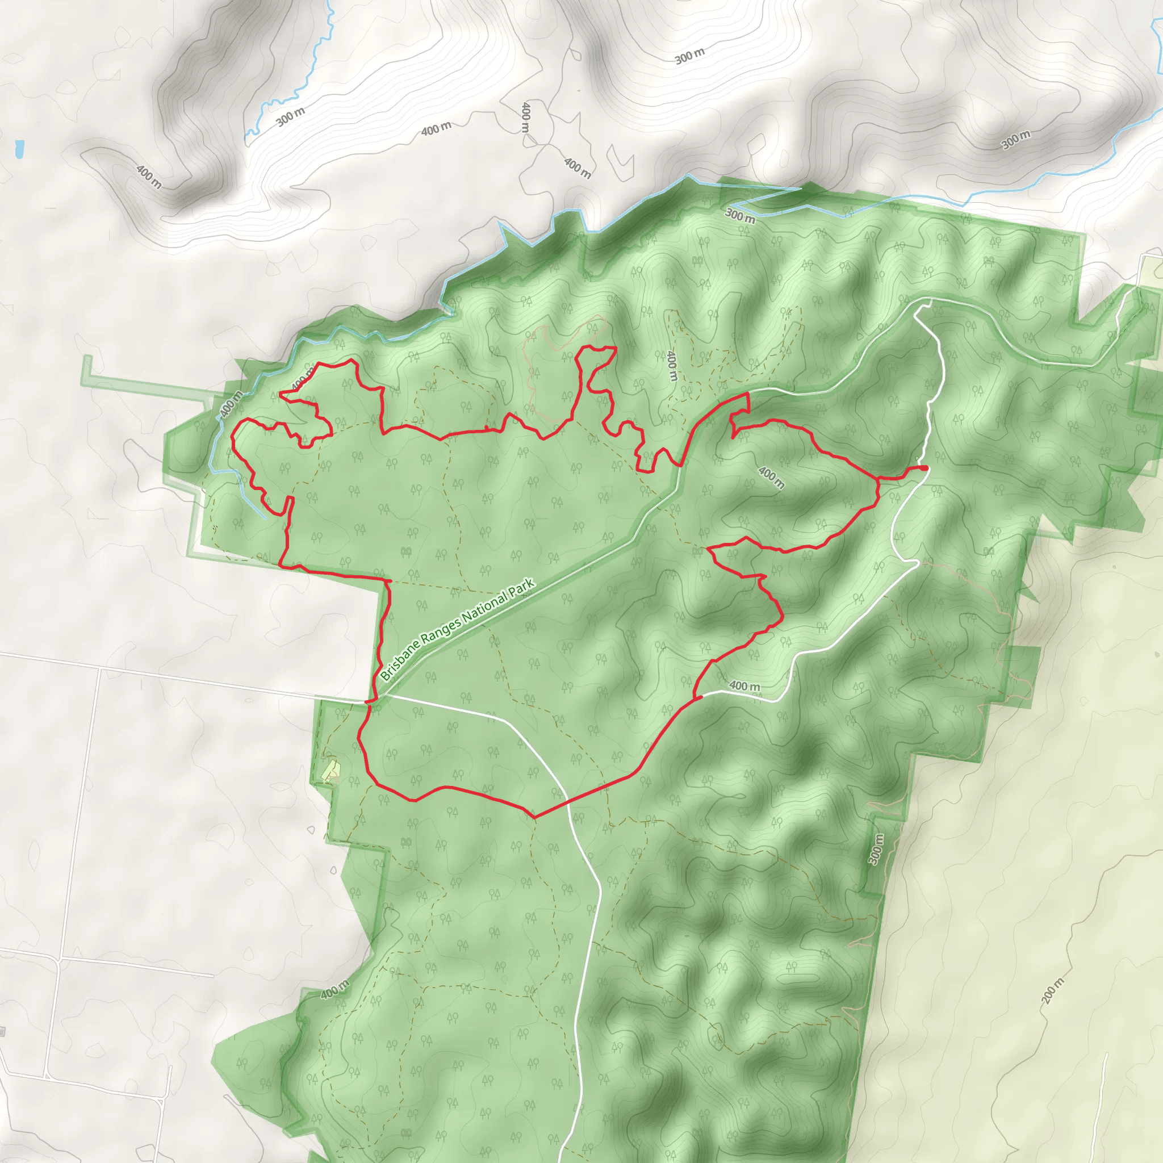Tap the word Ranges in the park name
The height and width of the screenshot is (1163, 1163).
click(439, 631)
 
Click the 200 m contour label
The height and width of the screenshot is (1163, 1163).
click(1052, 990)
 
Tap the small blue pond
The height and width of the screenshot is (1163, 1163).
click(19, 149)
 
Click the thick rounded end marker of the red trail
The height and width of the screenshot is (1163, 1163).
click(924, 467)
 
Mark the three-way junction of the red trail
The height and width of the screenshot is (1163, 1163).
click(878, 479)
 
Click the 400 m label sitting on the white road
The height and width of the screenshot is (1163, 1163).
click(744, 685)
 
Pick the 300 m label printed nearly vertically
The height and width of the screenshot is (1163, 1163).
click(876, 849)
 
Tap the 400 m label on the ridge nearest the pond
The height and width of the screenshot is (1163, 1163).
click(149, 176)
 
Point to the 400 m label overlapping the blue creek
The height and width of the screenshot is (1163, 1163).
click(231, 403)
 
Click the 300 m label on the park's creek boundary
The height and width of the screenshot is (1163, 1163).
click(740, 215)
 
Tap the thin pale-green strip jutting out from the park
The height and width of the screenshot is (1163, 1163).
click(144, 384)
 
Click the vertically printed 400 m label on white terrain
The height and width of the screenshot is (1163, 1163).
click(525, 118)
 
